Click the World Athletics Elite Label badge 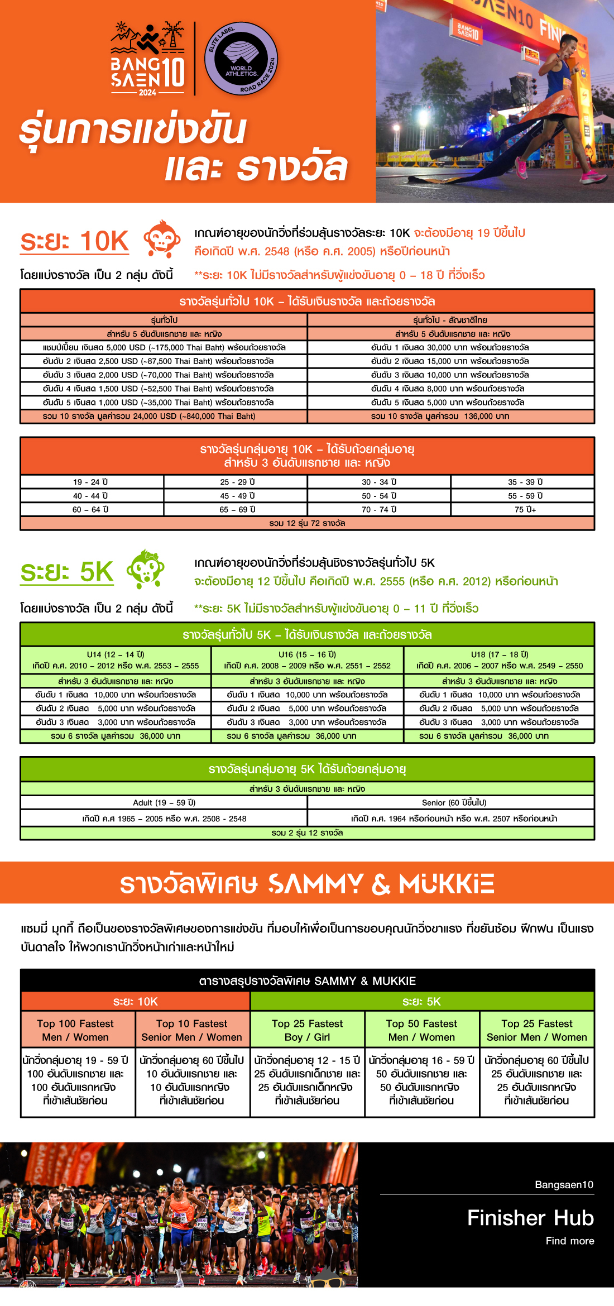(x=241, y=59)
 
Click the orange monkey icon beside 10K (x=162, y=238)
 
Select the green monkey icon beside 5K (x=146, y=569)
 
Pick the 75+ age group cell (x=523, y=509)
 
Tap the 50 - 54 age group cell (x=379, y=496)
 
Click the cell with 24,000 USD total (x=164, y=416)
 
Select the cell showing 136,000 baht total (x=450, y=416)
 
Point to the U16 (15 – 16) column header (x=307, y=660)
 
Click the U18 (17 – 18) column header (x=499, y=660)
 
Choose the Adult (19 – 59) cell (x=164, y=802)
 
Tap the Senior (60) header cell (x=451, y=802)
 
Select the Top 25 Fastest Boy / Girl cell (x=308, y=1030)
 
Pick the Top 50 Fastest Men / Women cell (x=422, y=1030)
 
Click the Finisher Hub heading (x=530, y=1218)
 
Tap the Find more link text (x=569, y=1241)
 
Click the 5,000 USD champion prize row (x=164, y=347)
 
